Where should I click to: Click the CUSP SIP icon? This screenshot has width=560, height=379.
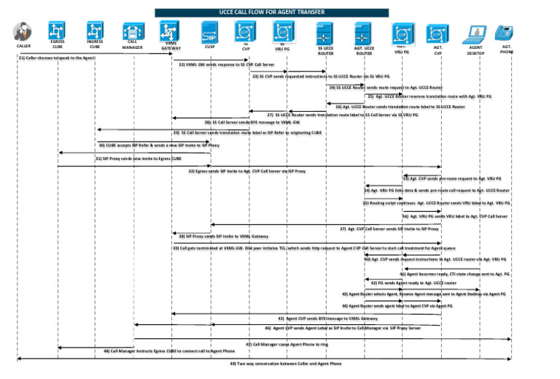(209, 32)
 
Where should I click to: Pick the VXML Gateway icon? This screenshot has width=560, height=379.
(170, 31)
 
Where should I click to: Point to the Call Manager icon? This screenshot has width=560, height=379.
(132, 31)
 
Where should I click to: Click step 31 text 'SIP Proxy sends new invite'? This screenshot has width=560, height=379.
(139, 157)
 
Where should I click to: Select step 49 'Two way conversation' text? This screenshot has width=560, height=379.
(285, 363)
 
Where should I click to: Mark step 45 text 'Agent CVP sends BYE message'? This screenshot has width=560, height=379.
(327, 318)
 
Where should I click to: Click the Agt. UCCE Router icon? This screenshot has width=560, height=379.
(364, 34)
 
